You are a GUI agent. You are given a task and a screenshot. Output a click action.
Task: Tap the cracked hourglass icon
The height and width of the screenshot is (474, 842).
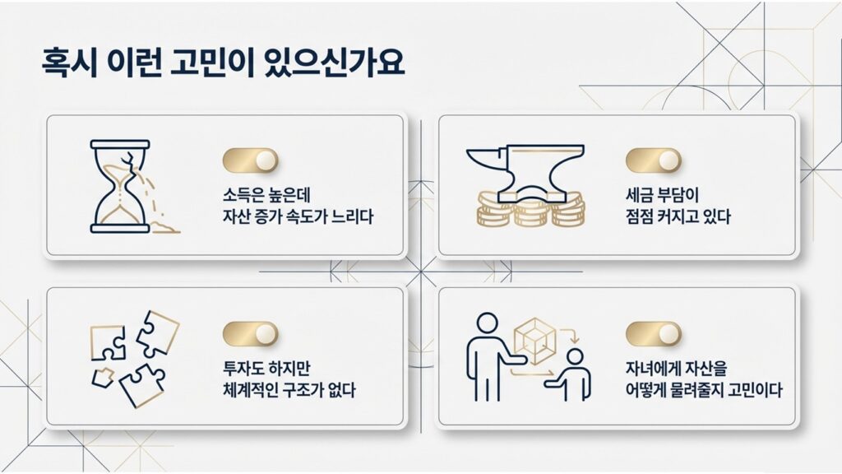coord(120,187)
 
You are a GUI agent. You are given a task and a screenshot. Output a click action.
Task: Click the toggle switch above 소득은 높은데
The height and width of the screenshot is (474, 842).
coord(250,160)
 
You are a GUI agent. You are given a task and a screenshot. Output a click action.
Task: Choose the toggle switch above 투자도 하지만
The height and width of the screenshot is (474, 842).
coord(250,333)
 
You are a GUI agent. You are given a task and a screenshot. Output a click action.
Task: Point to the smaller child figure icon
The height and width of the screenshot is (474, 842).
coord(574,374)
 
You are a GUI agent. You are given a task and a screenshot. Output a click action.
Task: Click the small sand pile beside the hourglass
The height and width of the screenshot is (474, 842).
coord(168,225)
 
